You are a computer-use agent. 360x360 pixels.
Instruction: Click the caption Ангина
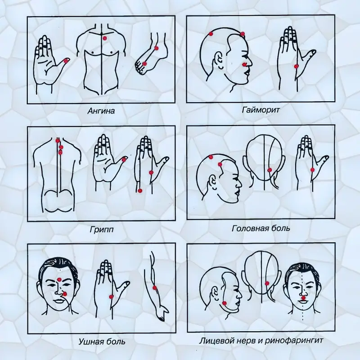[101, 111]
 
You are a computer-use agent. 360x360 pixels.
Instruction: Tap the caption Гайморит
[261, 110]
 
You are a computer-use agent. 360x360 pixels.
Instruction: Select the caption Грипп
[102, 229]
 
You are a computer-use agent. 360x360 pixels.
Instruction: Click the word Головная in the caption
[249, 229]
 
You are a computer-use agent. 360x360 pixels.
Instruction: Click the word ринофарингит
[294, 340]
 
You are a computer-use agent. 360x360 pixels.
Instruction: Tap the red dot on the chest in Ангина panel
[105, 38]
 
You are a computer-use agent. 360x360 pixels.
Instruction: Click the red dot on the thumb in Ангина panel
[66, 61]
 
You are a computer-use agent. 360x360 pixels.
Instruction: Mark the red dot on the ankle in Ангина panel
[157, 48]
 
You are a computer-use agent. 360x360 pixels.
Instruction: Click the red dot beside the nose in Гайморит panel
[244, 64]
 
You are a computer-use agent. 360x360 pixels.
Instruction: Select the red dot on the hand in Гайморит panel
[296, 66]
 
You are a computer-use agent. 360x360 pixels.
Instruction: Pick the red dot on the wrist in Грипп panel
[140, 190]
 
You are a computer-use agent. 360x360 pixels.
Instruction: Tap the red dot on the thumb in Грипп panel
[124, 159]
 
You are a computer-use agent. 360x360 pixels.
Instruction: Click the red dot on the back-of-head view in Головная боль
[270, 170]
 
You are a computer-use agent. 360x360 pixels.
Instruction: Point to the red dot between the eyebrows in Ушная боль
[59, 279]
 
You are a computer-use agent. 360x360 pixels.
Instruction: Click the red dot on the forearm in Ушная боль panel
[154, 288]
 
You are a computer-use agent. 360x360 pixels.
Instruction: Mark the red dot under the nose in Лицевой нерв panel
[304, 298]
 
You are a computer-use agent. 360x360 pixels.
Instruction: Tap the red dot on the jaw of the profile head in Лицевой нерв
[224, 303]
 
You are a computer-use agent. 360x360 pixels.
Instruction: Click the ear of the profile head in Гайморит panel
[219, 60]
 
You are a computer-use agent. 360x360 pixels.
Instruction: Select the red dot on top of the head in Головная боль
[211, 157]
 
